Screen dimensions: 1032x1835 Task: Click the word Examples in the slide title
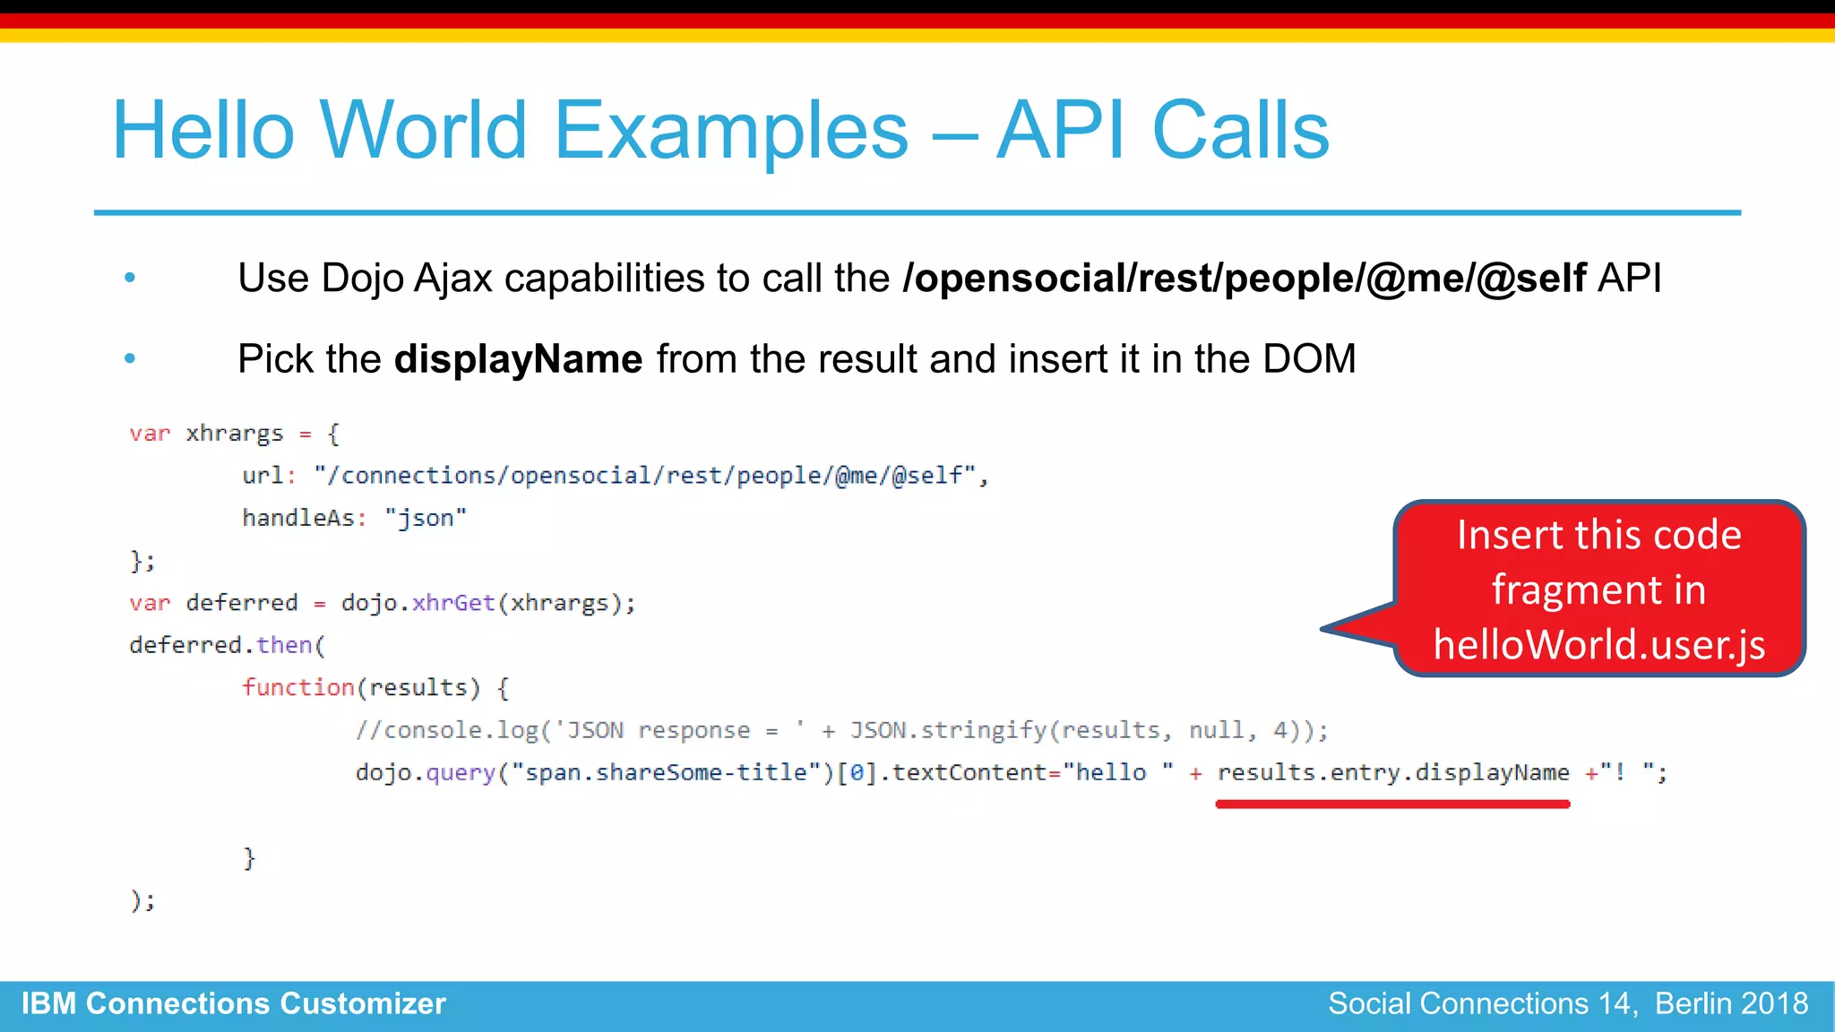[x=731, y=131]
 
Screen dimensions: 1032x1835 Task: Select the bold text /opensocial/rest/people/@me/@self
[x=1245, y=279]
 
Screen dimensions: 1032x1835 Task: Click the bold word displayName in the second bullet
[x=518, y=359]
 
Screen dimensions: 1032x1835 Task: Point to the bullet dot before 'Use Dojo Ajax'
[x=130, y=278]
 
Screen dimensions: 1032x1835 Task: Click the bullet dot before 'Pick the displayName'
[x=130, y=358]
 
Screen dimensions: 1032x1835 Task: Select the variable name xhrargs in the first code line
[x=234, y=434]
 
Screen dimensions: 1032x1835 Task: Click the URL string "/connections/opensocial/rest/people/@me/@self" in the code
[x=644, y=476]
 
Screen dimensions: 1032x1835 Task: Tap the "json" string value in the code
[x=426, y=518]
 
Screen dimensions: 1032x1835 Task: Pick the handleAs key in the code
[x=298, y=518]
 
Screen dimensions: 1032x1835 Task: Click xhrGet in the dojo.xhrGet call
[x=453, y=603]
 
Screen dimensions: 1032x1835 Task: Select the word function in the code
[x=298, y=687]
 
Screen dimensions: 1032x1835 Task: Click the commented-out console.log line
[x=840, y=730]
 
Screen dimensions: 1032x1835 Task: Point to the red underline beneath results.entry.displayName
[x=1392, y=804]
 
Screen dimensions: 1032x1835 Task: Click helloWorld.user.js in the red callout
[x=1599, y=645]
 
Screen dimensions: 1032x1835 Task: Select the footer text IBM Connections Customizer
[x=234, y=1003]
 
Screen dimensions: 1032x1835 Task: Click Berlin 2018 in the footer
[x=1731, y=1003]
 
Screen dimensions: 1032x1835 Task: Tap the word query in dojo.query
[x=461, y=772]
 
